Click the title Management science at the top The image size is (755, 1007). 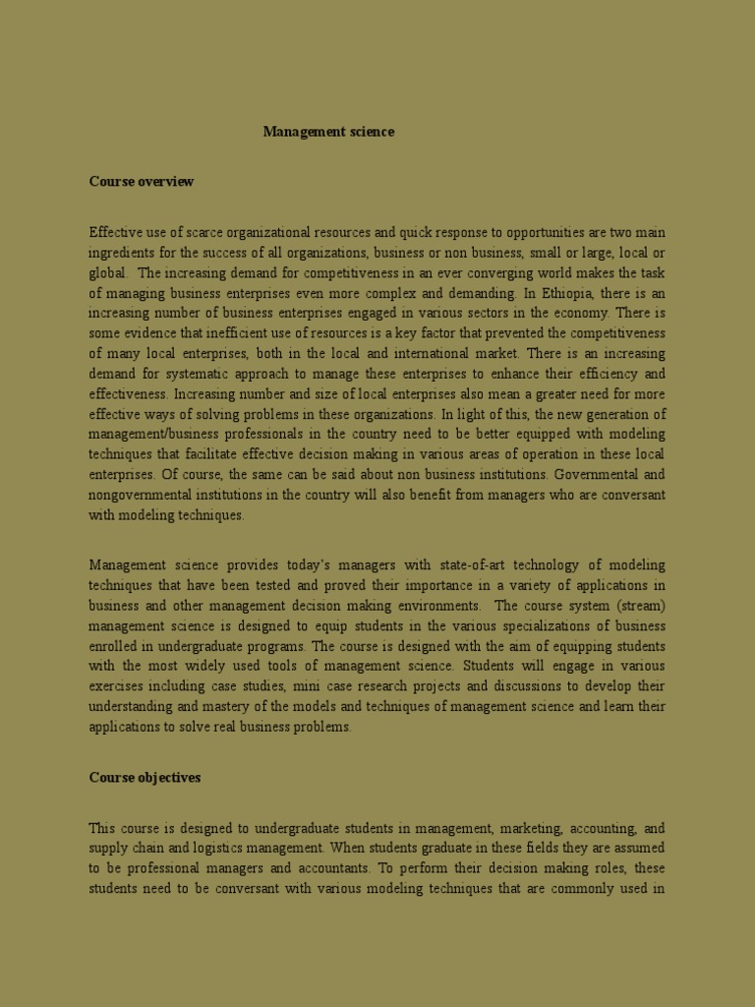(x=328, y=132)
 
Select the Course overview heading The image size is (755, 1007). (x=142, y=182)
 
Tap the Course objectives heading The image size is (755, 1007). (x=145, y=778)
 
